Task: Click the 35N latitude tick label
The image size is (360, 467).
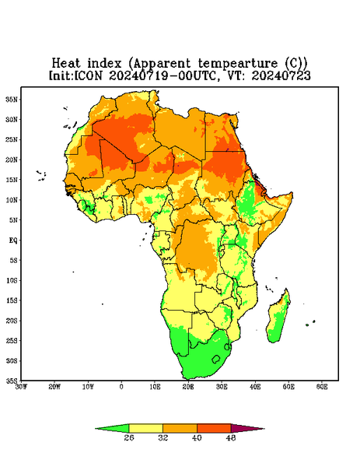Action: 12,99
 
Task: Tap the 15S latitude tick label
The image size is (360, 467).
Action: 12,300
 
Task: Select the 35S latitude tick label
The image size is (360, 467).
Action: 12,381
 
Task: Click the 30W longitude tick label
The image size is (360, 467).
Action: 21,387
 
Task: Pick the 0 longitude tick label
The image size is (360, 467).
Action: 121,387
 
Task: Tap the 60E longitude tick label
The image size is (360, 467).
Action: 322,387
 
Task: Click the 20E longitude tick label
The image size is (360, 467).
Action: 188,387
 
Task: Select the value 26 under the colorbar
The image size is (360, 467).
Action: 129,437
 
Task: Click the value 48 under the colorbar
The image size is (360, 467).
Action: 231,437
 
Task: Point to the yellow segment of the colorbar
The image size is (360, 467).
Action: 145,428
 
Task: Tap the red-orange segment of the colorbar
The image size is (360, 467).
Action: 214,428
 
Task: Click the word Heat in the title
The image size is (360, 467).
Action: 66,64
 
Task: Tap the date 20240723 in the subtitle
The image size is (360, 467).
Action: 281,75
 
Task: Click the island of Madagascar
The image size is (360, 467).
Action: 278,318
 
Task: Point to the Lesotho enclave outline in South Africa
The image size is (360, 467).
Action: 216,359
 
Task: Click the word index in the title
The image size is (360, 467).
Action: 105,64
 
